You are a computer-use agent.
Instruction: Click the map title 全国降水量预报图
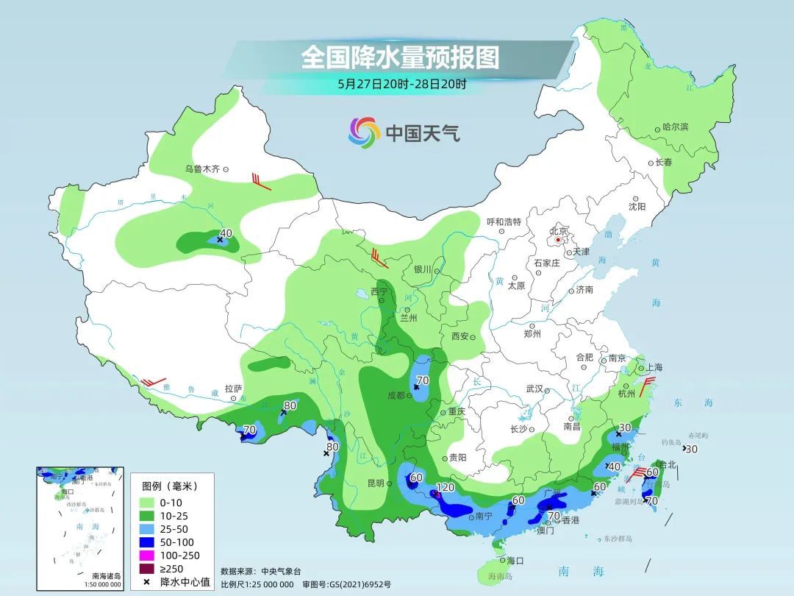[400, 57]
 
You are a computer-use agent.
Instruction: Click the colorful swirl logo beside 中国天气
[364, 132]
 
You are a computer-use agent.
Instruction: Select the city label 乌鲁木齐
[202, 169]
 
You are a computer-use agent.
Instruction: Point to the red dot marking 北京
[559, 239]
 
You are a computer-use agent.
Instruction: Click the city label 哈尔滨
[675, 127]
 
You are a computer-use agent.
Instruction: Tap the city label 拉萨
[233, 389]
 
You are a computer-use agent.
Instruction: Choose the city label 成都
[396, 395]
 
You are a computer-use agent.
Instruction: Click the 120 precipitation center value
[445, 488]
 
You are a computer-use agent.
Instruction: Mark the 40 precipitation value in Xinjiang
[226, 233]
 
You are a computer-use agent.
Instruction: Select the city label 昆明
[375, 483]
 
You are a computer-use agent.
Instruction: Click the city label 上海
[654, 367]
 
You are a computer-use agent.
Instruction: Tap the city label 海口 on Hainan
[515, 560]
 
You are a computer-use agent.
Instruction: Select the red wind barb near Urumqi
[259, 181]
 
